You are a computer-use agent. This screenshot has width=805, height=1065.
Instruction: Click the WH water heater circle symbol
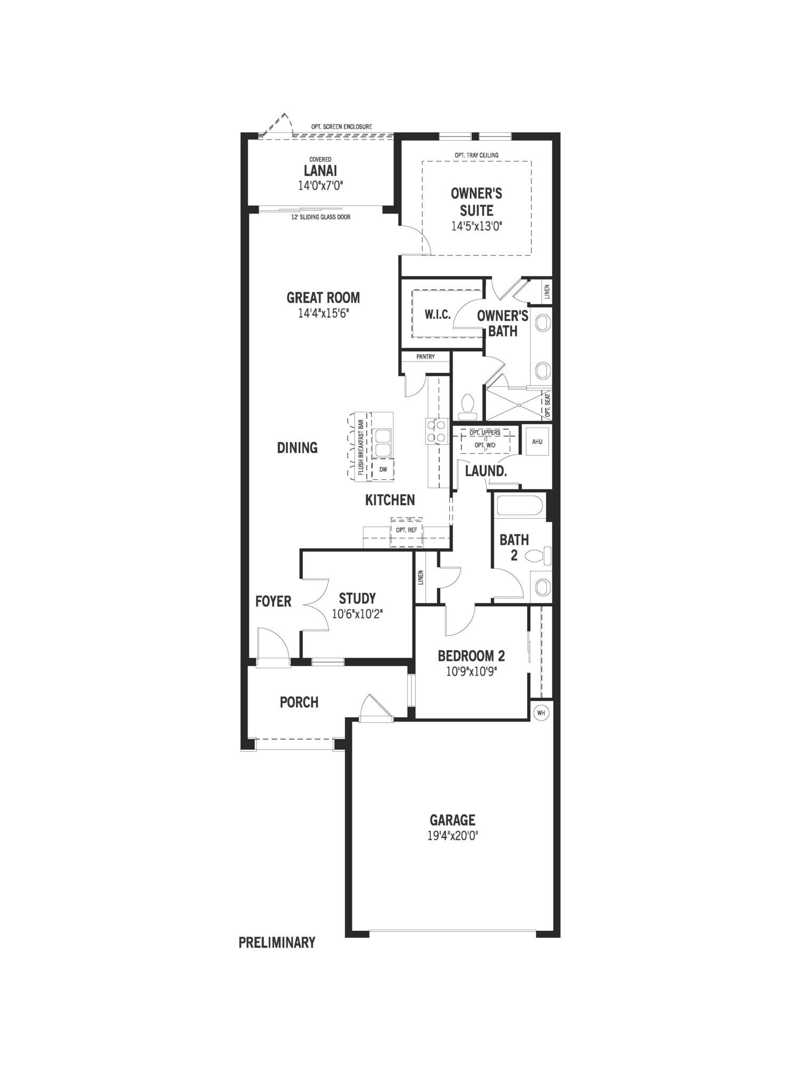pos(541,712)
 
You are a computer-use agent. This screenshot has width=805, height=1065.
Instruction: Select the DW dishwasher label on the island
pos(383,469)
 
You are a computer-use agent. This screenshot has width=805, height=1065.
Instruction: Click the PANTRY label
pos(425,357)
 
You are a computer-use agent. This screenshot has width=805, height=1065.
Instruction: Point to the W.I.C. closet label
pos(438,315)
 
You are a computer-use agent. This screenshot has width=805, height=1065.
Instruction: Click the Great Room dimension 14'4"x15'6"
pos(323,313)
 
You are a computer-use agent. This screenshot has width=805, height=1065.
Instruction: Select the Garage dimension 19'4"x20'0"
pos(453,836)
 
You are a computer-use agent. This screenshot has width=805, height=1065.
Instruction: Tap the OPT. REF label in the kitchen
pos(406,530)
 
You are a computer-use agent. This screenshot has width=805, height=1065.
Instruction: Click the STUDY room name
pos(357,599)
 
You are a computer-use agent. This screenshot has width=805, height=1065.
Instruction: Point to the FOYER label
pos(273,602)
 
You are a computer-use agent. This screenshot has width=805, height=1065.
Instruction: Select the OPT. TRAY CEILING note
pos(477,155)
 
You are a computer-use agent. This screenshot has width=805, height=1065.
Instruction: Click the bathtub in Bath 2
pos(519,506)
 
